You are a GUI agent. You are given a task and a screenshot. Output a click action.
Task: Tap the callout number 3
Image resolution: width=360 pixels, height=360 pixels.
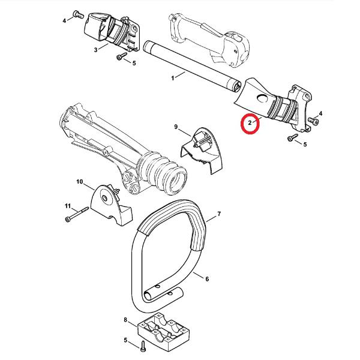(x=96, y=50)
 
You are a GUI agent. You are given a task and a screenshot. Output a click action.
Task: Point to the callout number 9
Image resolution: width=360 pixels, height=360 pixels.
(x=176, y=127)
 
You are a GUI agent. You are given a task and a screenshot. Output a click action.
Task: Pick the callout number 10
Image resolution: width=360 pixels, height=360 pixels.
(x=79, y=181)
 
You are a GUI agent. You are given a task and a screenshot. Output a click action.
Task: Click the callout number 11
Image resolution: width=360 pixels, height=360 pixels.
(x=67, y=206)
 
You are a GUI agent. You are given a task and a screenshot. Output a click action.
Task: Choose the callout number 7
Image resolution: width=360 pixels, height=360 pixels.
(x=219, y=214)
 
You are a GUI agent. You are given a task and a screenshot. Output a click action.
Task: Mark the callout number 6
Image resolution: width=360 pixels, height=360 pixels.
(x=206, y=279)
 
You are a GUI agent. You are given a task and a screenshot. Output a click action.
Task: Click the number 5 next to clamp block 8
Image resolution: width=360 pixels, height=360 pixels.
(x=125, y=341)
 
